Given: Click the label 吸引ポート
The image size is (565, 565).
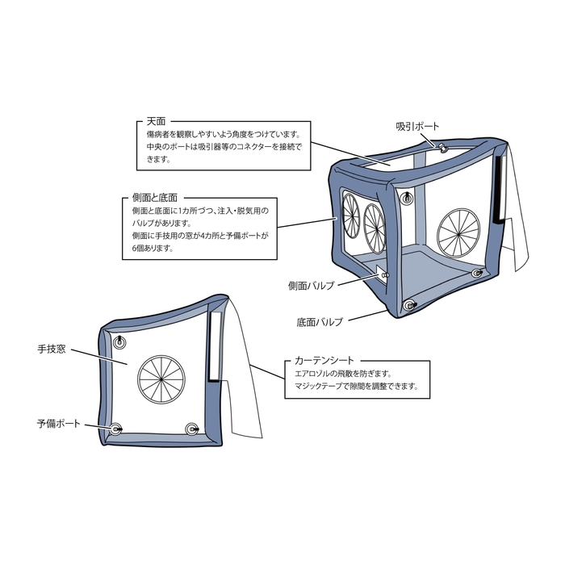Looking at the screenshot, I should point(417,127).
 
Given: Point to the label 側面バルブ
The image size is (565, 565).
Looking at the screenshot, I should point(311,285).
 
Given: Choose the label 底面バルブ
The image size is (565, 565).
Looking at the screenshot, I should point(320,321).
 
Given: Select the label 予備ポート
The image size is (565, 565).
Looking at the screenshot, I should point(59,423).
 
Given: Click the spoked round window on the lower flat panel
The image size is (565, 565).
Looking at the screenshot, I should point(160,379).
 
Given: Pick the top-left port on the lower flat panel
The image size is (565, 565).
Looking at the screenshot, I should point(120,342).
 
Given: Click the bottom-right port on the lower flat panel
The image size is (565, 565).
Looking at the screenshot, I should point(192,428).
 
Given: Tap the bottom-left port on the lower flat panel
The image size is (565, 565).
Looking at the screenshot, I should point(116,427).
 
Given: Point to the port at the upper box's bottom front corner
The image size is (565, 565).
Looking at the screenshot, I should point(408,305).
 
